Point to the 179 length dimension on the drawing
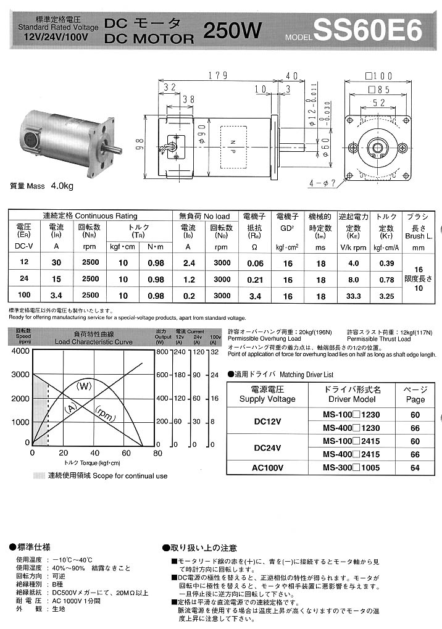pyautogui.click(x=214, y=76)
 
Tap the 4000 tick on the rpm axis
pyautogui.click(x=20, y=351)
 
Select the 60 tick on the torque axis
pyautogui.click(x=126, y=453)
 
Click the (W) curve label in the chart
pyautogui.click(x=83, y=386)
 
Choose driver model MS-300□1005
pyautogui.click(x=352, y=467)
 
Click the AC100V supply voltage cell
pyautogui.click(x=267, y=467)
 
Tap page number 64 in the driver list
pyautogui.click(x=415, y=467)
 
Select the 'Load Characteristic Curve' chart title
pyautogui.click(x=93, y=341)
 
